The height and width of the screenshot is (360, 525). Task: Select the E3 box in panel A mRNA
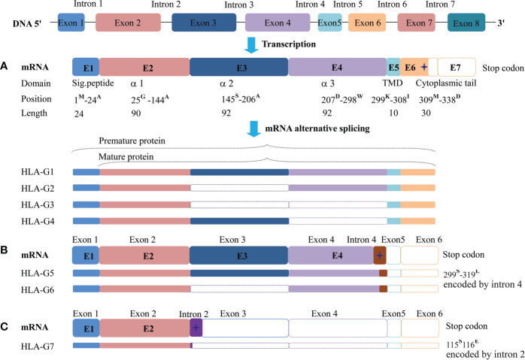tap(238, 68)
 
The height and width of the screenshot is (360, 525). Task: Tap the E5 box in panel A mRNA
tap(393, 68)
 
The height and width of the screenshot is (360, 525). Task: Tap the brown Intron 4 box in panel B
tap(380, 256)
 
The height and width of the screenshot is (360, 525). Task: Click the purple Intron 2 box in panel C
tap(196, 328)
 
